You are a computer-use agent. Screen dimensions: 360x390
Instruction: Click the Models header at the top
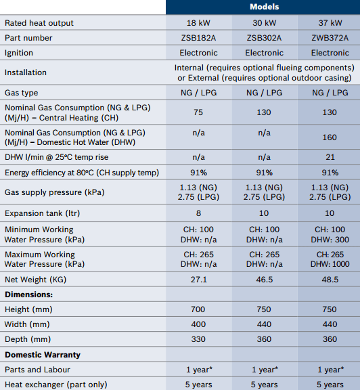tap(265, 7)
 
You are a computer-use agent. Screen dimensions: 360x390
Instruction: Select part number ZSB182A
tap(198, 38)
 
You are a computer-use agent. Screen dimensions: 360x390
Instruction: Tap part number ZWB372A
tap(330, 38)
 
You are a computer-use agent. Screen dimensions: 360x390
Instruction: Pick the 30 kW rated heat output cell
tap(265, 23)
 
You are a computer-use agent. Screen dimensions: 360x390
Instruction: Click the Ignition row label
tap(19, 53)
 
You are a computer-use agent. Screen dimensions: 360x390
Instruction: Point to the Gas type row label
tap(22, 93)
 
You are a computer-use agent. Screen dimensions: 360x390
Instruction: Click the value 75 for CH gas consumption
tap(198, 112)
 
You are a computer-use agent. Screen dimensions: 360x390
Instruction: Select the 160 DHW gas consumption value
tap(330, 137)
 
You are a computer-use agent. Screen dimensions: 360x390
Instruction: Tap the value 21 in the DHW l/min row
tap(330, 157)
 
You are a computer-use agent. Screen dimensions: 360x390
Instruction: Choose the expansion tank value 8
tap(198, 213)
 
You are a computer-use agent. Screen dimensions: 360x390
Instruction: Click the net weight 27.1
tap(199, 280)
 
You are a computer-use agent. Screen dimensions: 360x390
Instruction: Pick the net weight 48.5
tap(330, 280)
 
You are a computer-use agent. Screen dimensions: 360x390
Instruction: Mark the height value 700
tap(198, 309)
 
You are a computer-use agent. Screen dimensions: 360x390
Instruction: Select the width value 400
tap(198, 324)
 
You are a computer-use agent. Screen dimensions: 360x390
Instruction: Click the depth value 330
tap(198, 339)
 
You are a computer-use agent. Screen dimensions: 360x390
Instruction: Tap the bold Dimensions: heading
tap(29, 295)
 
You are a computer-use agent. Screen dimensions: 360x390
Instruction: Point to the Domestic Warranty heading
tap(43, 355)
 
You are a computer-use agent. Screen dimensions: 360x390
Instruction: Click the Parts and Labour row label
tap(37, 370)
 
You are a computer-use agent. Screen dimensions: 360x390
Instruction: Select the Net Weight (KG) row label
tap(36, 280)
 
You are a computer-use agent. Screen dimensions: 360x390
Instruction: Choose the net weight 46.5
tap(265, 280)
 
